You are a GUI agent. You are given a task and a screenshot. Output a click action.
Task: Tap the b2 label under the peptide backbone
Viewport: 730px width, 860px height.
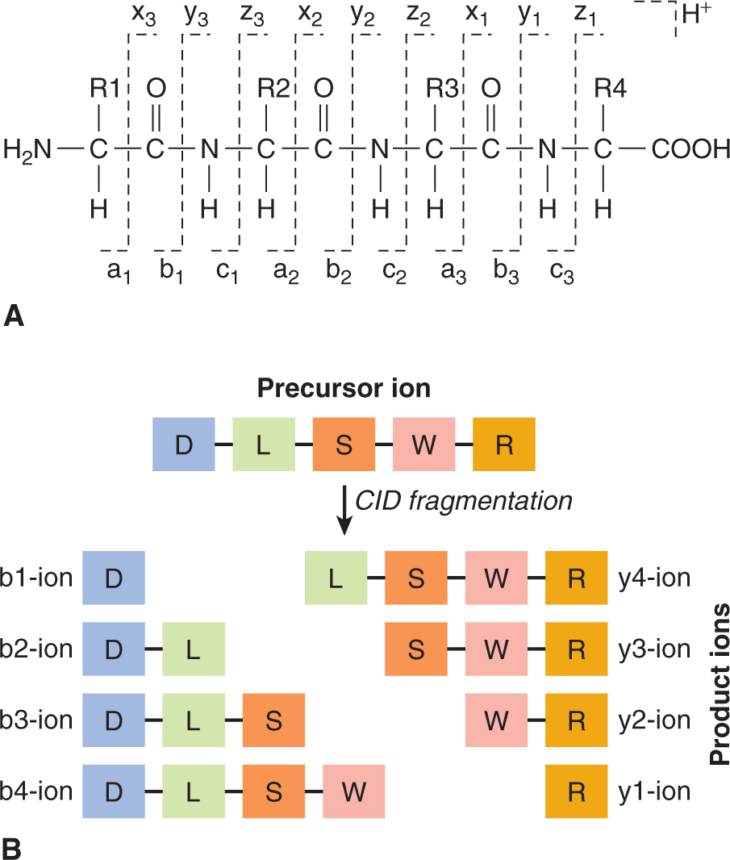pos(339,273)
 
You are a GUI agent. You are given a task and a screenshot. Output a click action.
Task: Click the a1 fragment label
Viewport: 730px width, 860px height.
pos(118,273)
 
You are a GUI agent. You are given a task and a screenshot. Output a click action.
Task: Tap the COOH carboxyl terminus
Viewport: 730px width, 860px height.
pos(690,149)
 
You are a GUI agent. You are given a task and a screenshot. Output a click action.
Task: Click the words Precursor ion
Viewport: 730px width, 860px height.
pos(344,388)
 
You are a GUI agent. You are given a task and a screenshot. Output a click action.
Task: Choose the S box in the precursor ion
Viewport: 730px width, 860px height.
pos(344,445)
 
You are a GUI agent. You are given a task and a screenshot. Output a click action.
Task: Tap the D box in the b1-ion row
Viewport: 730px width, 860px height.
pos(114,578)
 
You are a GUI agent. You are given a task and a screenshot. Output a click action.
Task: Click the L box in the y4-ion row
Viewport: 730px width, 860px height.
pos(336,578)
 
